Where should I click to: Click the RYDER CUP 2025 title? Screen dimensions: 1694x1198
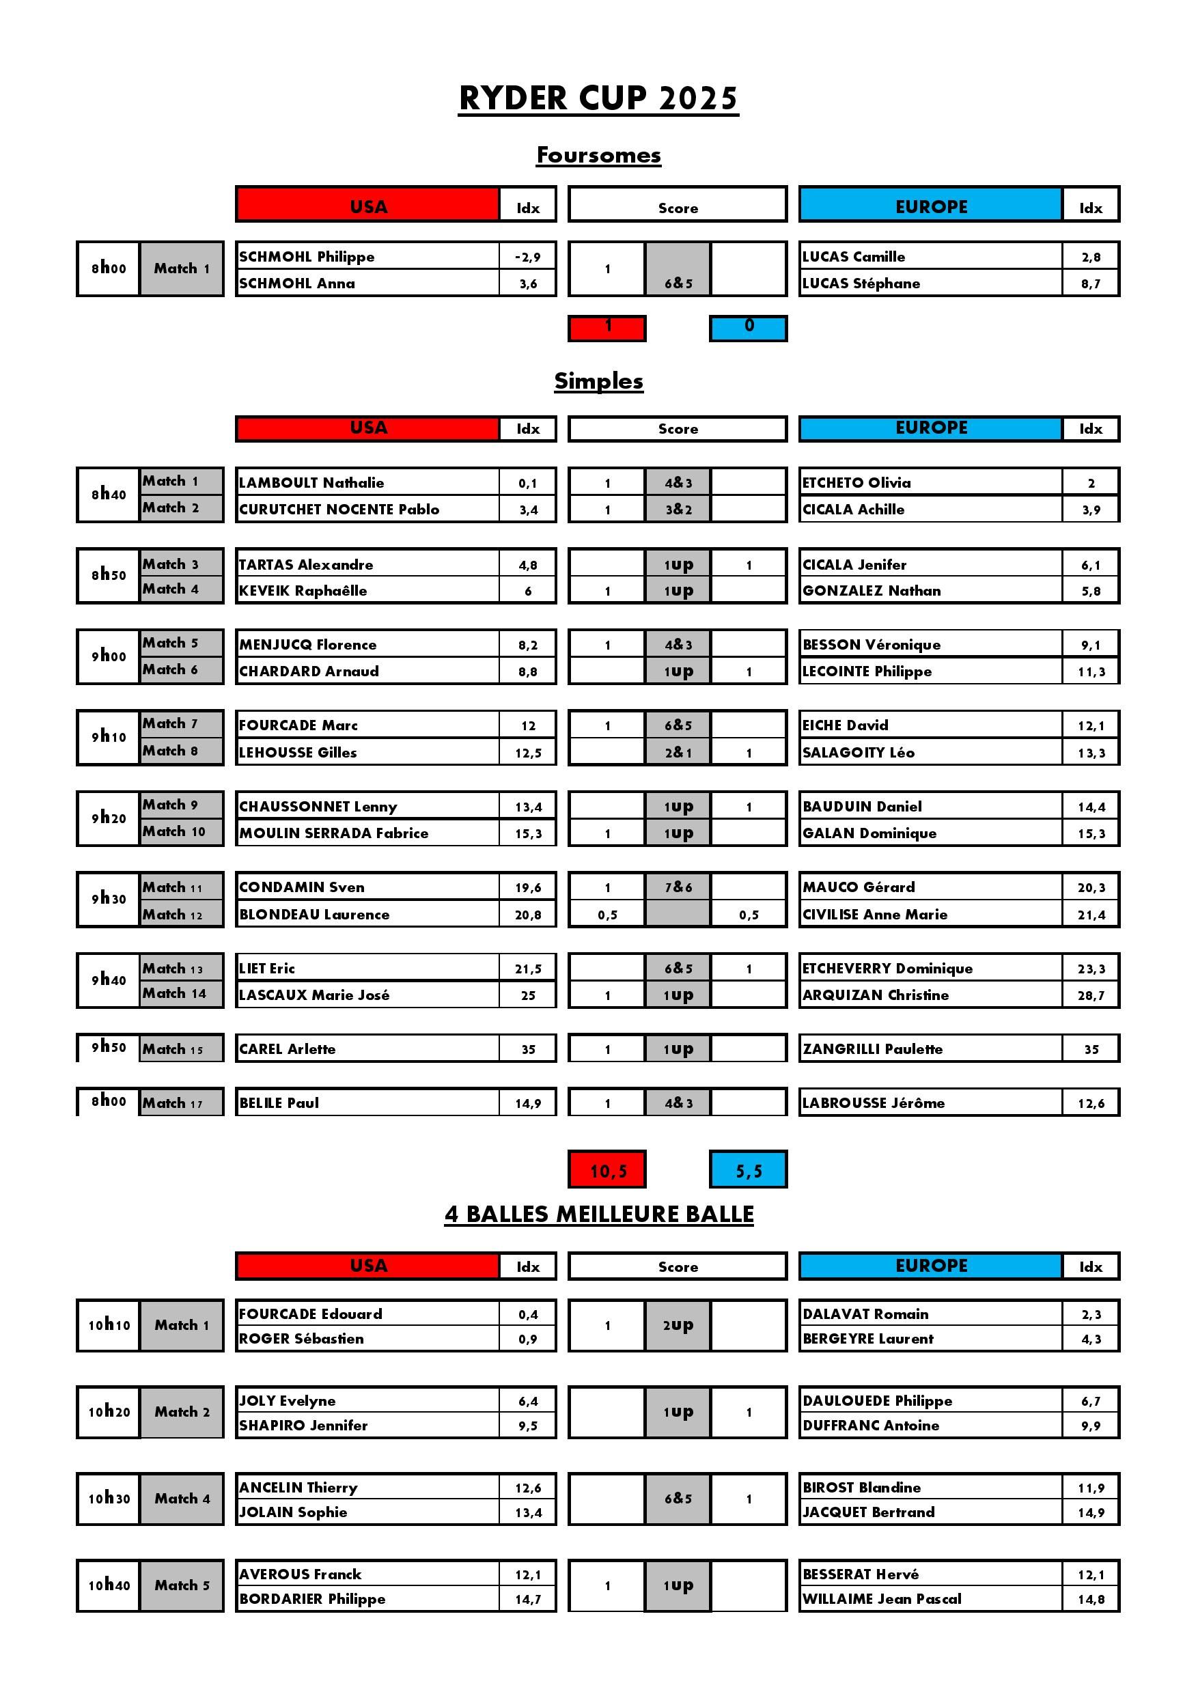598,98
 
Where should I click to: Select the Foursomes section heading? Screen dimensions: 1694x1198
598,155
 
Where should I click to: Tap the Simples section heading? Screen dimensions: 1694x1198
598,380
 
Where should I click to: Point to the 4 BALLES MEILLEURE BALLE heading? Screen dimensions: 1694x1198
598,1214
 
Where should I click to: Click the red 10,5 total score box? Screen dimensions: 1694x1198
607,1170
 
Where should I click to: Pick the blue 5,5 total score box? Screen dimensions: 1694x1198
748,1170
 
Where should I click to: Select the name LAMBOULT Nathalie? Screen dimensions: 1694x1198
311,482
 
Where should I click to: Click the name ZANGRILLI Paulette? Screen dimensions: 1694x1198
873,1049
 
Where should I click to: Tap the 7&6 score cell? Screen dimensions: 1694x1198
678,887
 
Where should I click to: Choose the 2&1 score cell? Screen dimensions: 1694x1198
678,753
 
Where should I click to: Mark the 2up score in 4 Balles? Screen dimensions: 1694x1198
678,1325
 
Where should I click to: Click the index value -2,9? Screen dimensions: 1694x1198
527,257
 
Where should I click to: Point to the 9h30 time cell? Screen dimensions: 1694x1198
109,899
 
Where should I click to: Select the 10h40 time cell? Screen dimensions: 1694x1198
109,1585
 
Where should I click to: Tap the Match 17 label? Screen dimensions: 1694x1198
173,1103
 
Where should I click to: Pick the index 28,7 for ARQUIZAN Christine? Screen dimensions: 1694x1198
1091,995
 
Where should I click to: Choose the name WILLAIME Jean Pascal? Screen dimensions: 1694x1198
882,1599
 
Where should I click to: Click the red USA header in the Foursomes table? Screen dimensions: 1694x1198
368,206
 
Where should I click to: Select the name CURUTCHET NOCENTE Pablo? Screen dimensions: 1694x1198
339,509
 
